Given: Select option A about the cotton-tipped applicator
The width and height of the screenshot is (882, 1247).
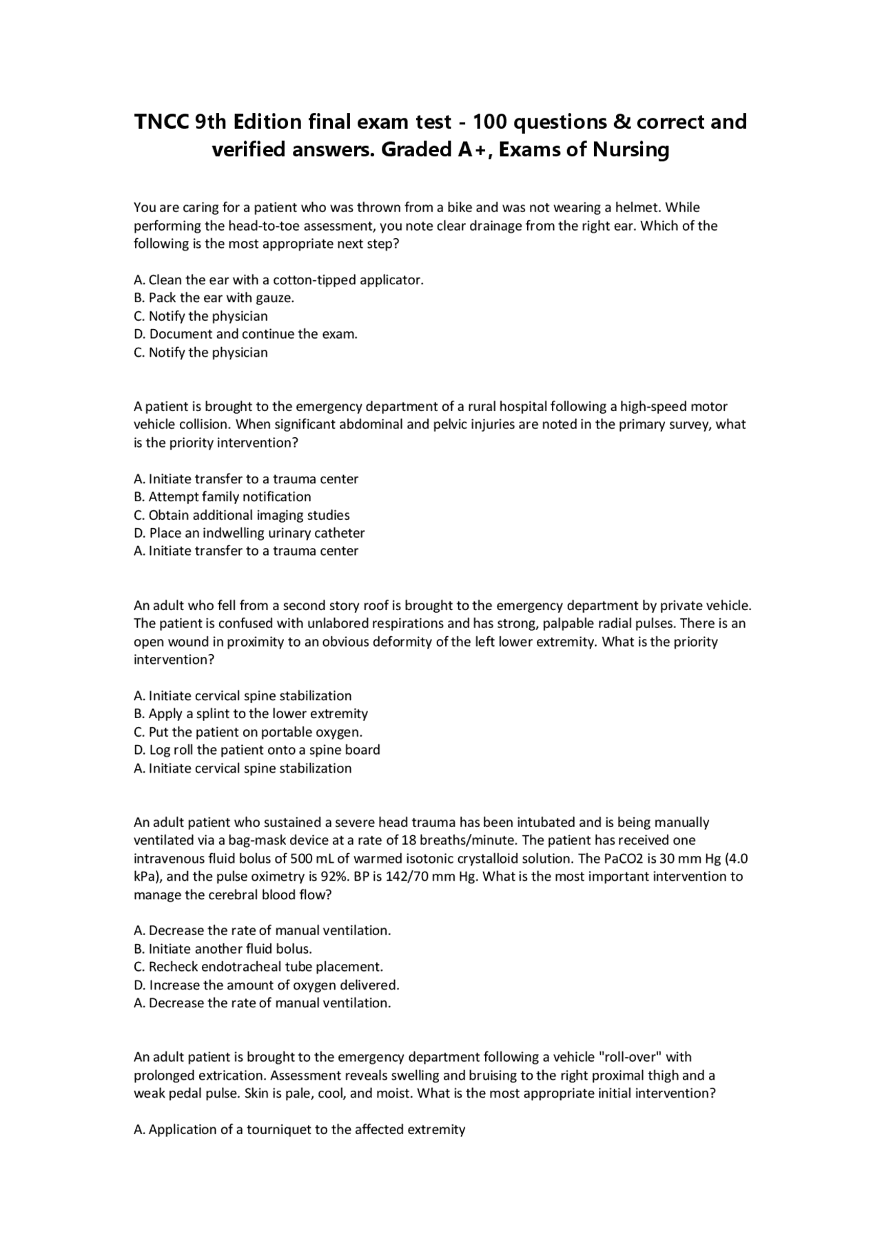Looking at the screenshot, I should click(x=278, y=280).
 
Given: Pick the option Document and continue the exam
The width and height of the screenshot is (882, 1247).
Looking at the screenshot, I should click(x=245, y=334).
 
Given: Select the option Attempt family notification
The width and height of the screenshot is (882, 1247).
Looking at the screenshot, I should click(x=222, y=496).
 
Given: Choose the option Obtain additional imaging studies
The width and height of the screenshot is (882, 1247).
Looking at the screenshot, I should click(x=241, y=515).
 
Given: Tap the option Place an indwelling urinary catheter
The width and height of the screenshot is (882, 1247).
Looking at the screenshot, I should click(x=249, y=533).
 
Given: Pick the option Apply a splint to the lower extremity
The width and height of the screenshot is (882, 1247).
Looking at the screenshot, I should click(x=251, y=713).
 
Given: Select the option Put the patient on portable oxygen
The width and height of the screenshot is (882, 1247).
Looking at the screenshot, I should click(x=248, y=732).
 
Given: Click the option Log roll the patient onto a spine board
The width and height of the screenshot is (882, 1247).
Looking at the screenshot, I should click(x=256, y=750).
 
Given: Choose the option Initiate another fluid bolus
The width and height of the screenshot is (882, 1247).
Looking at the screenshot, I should click(x=223, y=948).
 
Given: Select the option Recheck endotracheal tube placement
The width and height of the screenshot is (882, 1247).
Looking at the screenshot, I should click(x=258, y=967).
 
